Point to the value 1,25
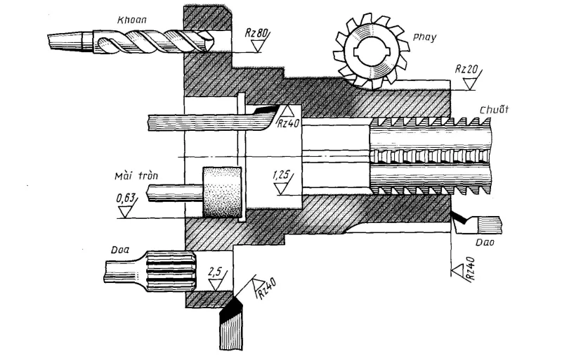pos(282,172)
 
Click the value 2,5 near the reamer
pos(216,271)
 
